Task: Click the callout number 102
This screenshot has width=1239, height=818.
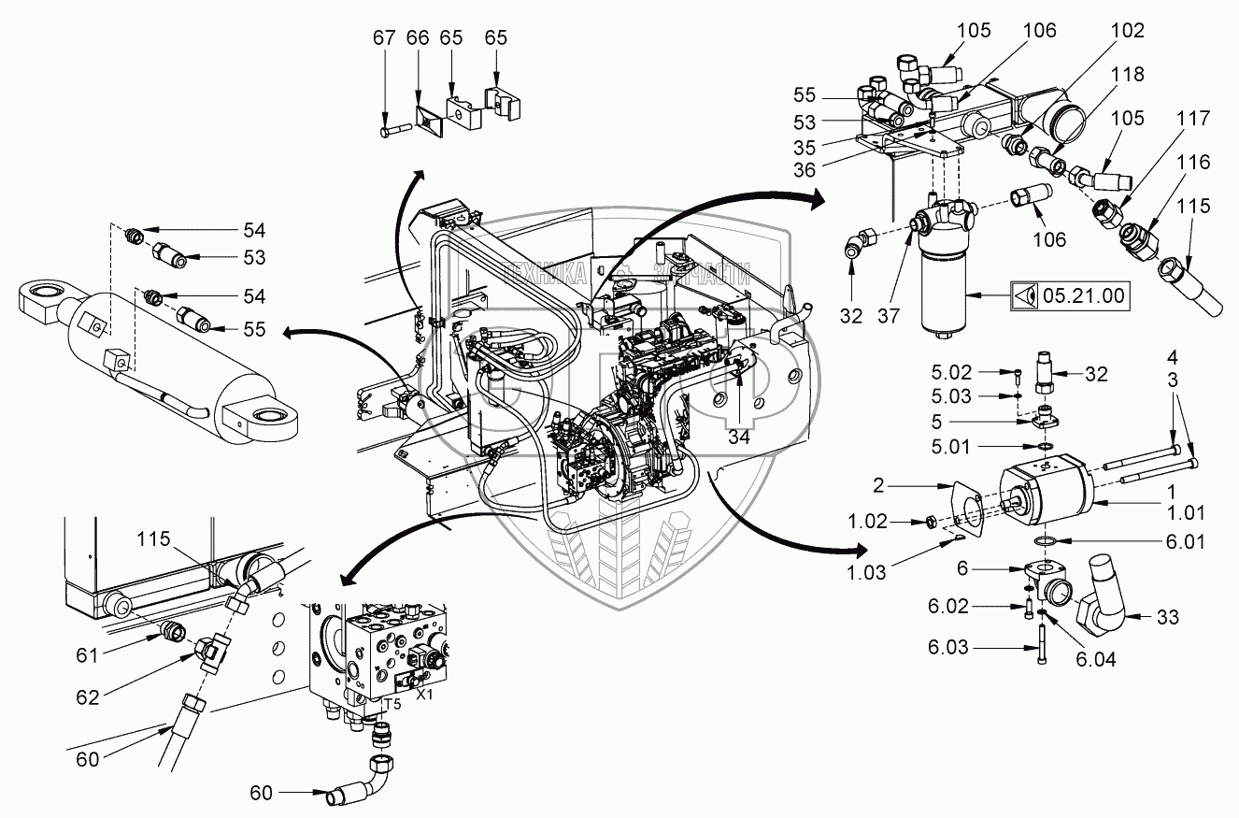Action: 1126,31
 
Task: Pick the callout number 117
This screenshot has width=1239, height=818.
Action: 1192,120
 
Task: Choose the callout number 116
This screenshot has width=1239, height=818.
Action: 1192,164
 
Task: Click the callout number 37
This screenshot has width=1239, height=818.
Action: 890,316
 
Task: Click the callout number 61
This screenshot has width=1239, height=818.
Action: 88,654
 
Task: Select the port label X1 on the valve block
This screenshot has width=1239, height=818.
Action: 425,696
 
